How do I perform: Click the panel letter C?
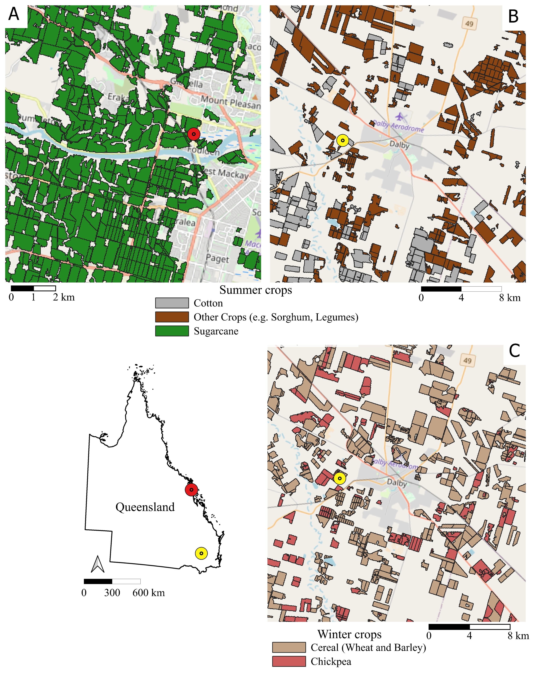pos(514,351)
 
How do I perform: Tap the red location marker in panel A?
pos(194,134)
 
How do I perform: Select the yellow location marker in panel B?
pos(343,141)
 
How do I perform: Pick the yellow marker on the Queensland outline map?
pos(201,553)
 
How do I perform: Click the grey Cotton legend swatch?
pos(172,303)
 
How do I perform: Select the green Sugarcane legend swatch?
pos(172,331)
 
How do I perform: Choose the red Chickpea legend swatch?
pos(289,661)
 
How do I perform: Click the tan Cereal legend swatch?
pos(289,647)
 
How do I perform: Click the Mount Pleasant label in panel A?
pos(230,103)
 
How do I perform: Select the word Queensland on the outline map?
pos(145,507)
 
